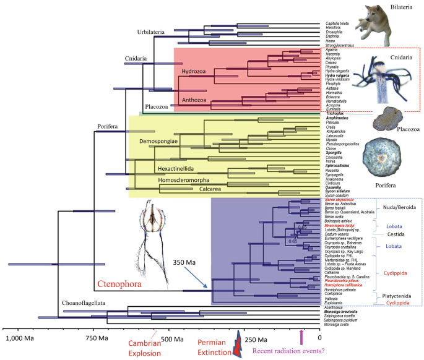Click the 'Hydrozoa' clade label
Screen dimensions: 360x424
tap(196, 71)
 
